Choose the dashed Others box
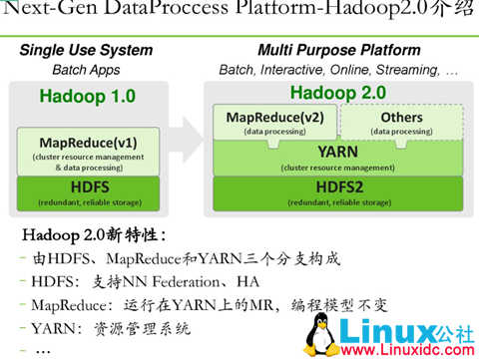401,123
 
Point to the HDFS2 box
338,191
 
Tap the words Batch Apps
86,70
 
